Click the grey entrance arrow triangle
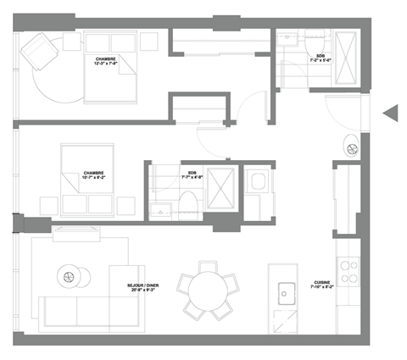click(391, 113)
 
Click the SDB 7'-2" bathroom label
click(320, 60)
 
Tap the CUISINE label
click(321, 285)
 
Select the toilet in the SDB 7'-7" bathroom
click(188, 203)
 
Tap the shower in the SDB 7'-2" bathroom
click(348, 56)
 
